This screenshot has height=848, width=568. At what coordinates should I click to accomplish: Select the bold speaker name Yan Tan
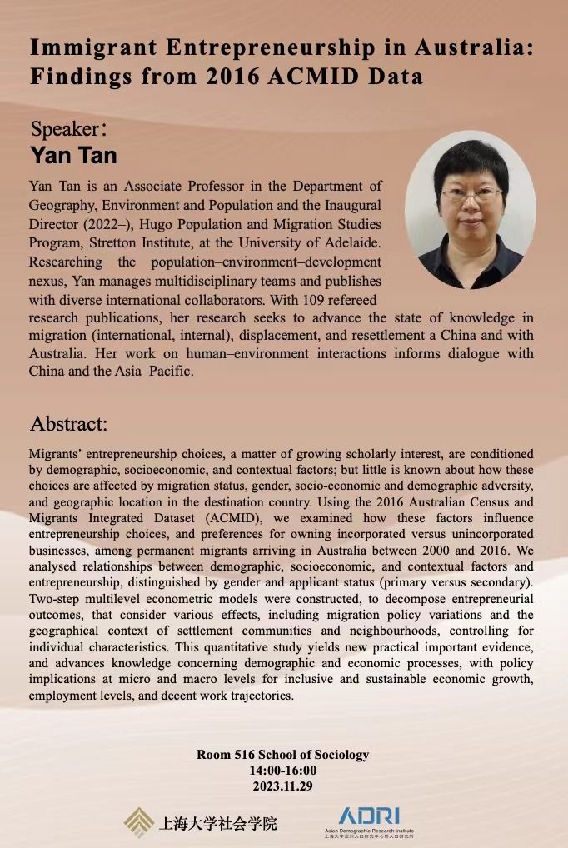(x=73, y=156)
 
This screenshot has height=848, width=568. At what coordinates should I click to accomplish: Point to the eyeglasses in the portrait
(x=471, y=194)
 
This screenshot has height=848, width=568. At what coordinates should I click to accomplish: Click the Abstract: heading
(x=69, y=424)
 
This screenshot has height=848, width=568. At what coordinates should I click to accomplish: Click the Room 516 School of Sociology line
(x=282, y=755)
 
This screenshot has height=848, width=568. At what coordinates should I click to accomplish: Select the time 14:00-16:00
(x=283, y=771)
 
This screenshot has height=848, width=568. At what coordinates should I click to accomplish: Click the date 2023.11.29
(x=283, y=786)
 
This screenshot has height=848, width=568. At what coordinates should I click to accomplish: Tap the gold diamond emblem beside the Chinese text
(x=138, y=822)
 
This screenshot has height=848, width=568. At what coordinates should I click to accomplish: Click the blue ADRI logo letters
(x=369, y=816)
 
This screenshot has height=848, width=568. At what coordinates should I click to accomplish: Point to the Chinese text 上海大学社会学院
(x=218, y=824)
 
